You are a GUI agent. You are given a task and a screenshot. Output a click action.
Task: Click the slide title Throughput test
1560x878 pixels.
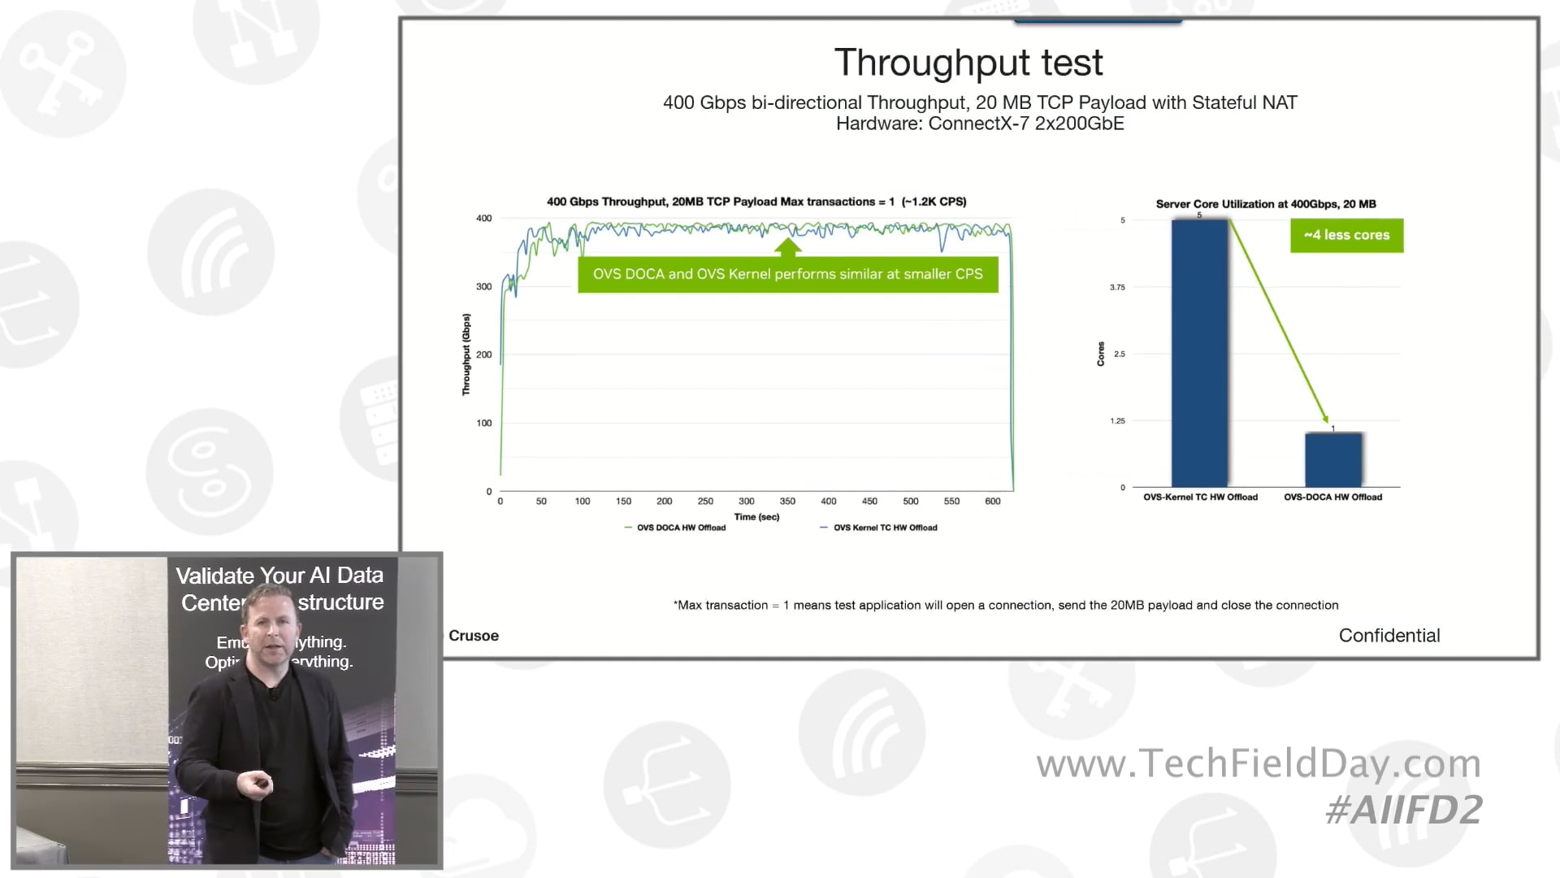point(968,63)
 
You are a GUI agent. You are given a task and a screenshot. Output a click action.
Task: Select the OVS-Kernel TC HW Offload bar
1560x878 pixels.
point(1199,354)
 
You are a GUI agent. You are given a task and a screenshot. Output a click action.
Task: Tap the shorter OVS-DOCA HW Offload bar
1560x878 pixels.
point(1332,460)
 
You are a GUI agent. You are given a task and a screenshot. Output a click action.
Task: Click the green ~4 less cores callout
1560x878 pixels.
point(1346,235)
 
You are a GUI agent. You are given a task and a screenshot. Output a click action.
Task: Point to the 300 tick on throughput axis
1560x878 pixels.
point(483,286)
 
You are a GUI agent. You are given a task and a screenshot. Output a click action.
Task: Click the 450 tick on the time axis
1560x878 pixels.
point(869,501)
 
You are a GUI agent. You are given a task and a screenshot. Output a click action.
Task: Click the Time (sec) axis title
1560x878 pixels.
point(756,516)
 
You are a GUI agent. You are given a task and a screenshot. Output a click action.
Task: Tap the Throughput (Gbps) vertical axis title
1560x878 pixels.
point(466,354)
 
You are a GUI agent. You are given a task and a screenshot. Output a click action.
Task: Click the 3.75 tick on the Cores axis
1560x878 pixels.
point(1117,287)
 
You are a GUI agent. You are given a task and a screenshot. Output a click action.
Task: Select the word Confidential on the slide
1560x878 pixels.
point(1389,635)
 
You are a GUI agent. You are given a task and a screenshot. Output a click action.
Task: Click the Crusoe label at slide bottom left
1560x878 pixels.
point(474,636)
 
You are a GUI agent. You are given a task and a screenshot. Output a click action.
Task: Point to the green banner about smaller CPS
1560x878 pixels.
point(787,274)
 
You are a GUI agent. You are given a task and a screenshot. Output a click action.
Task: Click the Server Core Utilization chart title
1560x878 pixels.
point(1265,204)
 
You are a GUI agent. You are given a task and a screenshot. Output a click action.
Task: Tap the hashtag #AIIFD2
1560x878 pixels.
point(1403,810)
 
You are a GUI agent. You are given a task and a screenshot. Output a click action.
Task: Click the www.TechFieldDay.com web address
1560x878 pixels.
point(1258,763)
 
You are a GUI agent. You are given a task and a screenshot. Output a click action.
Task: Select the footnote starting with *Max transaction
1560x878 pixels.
point(1006,605)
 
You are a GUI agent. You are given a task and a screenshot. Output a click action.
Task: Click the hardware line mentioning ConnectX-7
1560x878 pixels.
point(980,124)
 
